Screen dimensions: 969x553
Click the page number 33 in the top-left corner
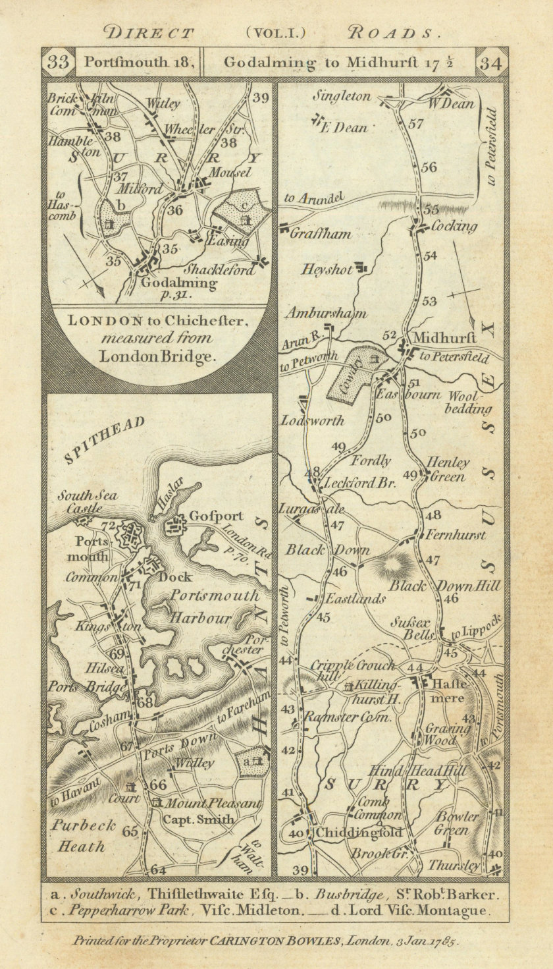pyautogui.click(x=59, y=63)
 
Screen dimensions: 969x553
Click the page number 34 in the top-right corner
pyautogui.click(x=493, y=63)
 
